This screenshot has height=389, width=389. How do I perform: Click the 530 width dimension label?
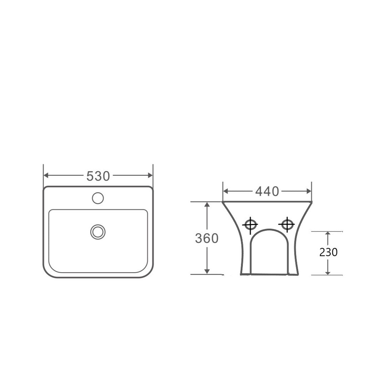click(x=98, y=176)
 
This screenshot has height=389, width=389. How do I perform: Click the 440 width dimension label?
click(x=267, y=191)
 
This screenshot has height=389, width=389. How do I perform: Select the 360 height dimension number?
click(x=206, y=238)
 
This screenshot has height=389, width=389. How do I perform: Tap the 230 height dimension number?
click(x=328, y=252)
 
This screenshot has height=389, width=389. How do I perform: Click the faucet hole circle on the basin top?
click(x=98, y=198)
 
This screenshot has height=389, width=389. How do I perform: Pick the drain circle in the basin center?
click(x=98, y=232)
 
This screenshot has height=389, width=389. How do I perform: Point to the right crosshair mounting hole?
click(x=287, y=224)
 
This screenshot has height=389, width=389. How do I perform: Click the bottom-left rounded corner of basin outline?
click(x=48, y=273)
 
